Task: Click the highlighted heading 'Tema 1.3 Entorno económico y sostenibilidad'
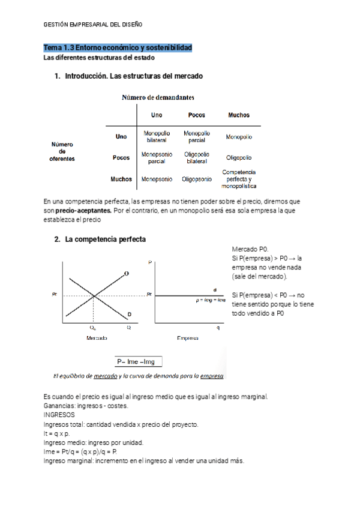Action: tap(118, 47)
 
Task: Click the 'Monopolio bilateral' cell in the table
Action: tap(157, 136)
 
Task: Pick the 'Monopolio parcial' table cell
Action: tap(196, 136)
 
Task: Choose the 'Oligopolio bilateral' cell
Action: tap(196, 158)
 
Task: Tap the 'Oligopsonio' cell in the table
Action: tap(196, 179)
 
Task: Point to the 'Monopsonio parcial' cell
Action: tap(157, 158)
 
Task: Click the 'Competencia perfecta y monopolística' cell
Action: tap(239, 179)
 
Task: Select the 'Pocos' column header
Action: tap(196, 115)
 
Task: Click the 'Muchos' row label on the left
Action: tap(121, 179)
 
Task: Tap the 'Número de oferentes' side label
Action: tap(62, 151)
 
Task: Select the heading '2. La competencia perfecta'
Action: tap(100, 239)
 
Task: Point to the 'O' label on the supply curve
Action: tap(126, 274)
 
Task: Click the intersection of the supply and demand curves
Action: tap(93, 295)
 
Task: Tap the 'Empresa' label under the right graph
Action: tap(188, 339)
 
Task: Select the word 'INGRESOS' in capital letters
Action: tap(59, 415)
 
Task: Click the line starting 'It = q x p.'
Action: tap(57, 433)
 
